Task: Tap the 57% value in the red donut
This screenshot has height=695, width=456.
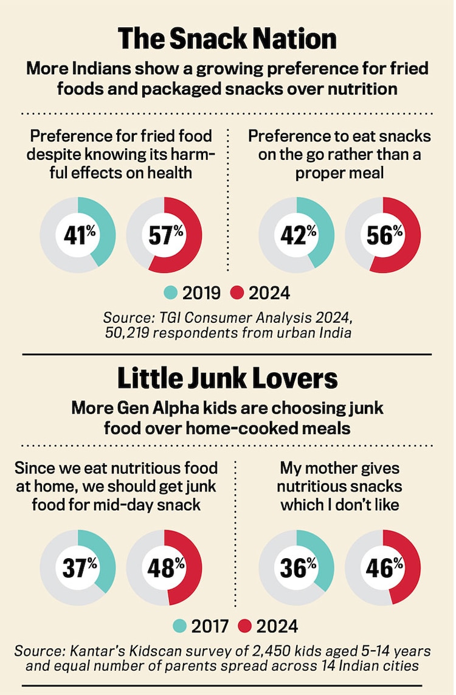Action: coord(165,234)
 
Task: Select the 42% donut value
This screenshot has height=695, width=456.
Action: coord(297,234)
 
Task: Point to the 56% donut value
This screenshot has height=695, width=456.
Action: coord(384,234)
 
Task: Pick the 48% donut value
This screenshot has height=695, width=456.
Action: coord(165,567)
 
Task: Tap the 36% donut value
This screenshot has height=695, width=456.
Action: coord(297,567)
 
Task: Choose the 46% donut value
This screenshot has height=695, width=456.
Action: coord(384,567)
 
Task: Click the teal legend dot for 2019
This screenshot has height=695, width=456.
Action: coord(171,293)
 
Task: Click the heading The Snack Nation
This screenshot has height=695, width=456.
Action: coord(227,40)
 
